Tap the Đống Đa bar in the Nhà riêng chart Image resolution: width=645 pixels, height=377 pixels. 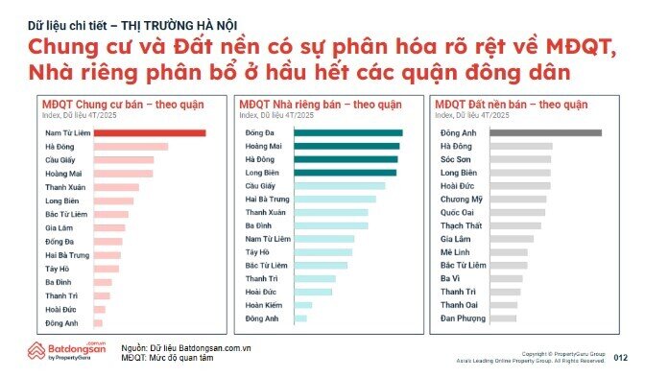click(348, 133)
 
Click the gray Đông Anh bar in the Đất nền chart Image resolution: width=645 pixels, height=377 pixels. click(546, 133)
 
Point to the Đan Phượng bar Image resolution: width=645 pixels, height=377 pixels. click(504, 318)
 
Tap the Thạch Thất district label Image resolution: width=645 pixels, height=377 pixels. click(459, 226)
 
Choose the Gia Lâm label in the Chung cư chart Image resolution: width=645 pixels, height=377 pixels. click(59, 227)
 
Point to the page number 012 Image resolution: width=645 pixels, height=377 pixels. click(620, 357)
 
